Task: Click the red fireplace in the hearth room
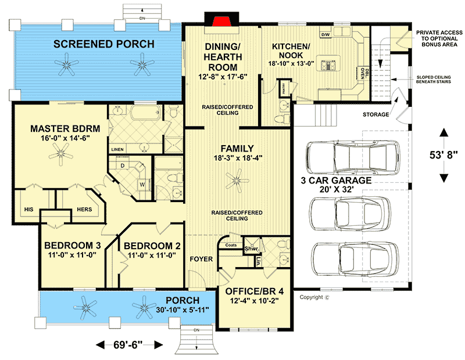(x=221, y=22)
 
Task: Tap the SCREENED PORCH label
(x=104, y=44)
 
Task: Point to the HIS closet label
(x=28, y=209)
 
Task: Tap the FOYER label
(x=202, y=259)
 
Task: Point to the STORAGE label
(x=375, y=114)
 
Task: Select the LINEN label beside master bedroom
(x=117, y=149)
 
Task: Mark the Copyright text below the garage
(x=314, y=297)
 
